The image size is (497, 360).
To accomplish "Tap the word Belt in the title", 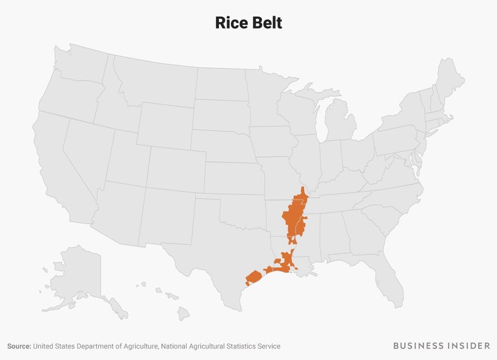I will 265,23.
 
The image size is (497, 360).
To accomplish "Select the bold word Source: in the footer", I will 19,346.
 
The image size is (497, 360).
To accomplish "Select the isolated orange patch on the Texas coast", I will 253,278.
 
